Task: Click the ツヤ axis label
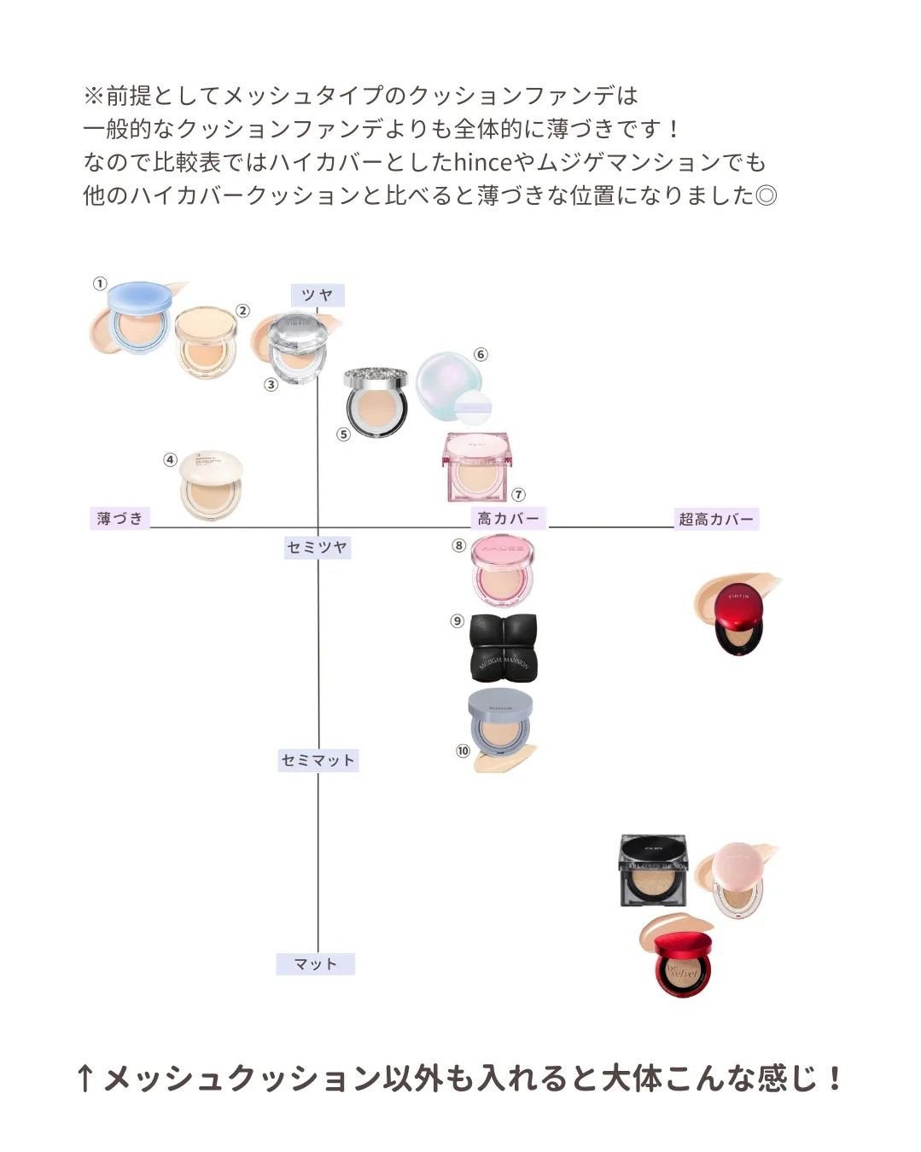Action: coord(317,295)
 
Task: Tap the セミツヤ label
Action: coord(318,547)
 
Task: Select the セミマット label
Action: coord(318,760)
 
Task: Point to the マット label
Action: coord(315,964)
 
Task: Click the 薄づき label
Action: coord(119,518)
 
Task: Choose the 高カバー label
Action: coord(508,518)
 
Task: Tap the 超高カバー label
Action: coord(716,519)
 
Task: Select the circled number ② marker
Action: coord(242,311)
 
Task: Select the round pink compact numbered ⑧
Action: coord(504,568)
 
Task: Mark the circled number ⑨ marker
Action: coord(458,621)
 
